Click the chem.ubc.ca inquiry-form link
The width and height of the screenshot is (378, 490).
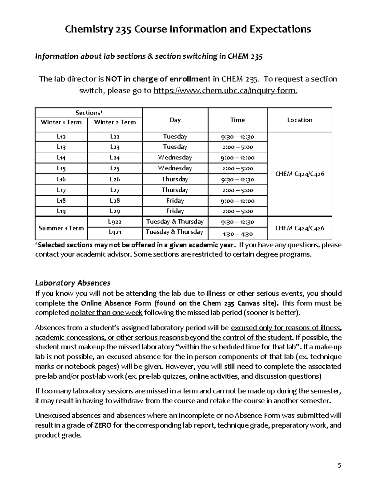point(225,91)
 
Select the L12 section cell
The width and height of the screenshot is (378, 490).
point(61,137)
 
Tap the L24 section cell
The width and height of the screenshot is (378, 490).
point(115,158)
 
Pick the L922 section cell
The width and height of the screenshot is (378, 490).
point(115,222)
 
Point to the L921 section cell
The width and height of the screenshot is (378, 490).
point(115,233)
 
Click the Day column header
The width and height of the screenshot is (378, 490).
point(175,120)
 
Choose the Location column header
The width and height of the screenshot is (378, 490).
point(299,120)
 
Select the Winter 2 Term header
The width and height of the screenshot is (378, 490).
point(115,122)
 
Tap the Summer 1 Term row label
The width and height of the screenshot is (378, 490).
point(61,228)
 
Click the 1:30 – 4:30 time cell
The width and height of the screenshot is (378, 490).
point(238,234)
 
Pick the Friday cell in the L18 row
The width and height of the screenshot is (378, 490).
point(175,201)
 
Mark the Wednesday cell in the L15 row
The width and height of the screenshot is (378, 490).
point(175,168)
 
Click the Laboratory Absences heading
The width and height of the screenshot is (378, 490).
point(73,282)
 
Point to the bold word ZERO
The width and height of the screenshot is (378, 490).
point(103,425)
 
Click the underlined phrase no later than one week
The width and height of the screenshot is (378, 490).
point(106,313)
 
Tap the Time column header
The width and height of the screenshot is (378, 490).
point(238,120)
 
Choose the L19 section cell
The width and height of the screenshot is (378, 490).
point(61,211)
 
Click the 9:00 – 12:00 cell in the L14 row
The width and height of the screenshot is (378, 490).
point(238,158)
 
